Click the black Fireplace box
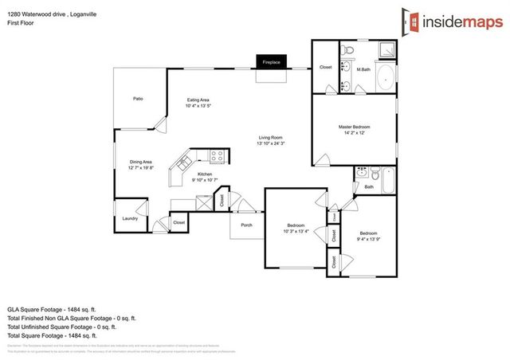[x=272, y=62]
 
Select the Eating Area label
[x=198, y=100]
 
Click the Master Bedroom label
[x=354, y=127]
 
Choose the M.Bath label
[x=363, y=70]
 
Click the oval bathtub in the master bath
[x=385, y=77]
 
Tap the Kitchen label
[x=205, y=174]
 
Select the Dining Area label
[x=141, y=162]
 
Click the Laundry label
[x=131, y=218]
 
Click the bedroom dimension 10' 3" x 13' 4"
[x=296, y=232]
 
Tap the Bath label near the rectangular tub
[x=369, y=187]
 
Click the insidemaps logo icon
[x=410, y=23]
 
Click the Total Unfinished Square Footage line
[x=61, y=327]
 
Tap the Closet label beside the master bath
[x=325, y=68]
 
